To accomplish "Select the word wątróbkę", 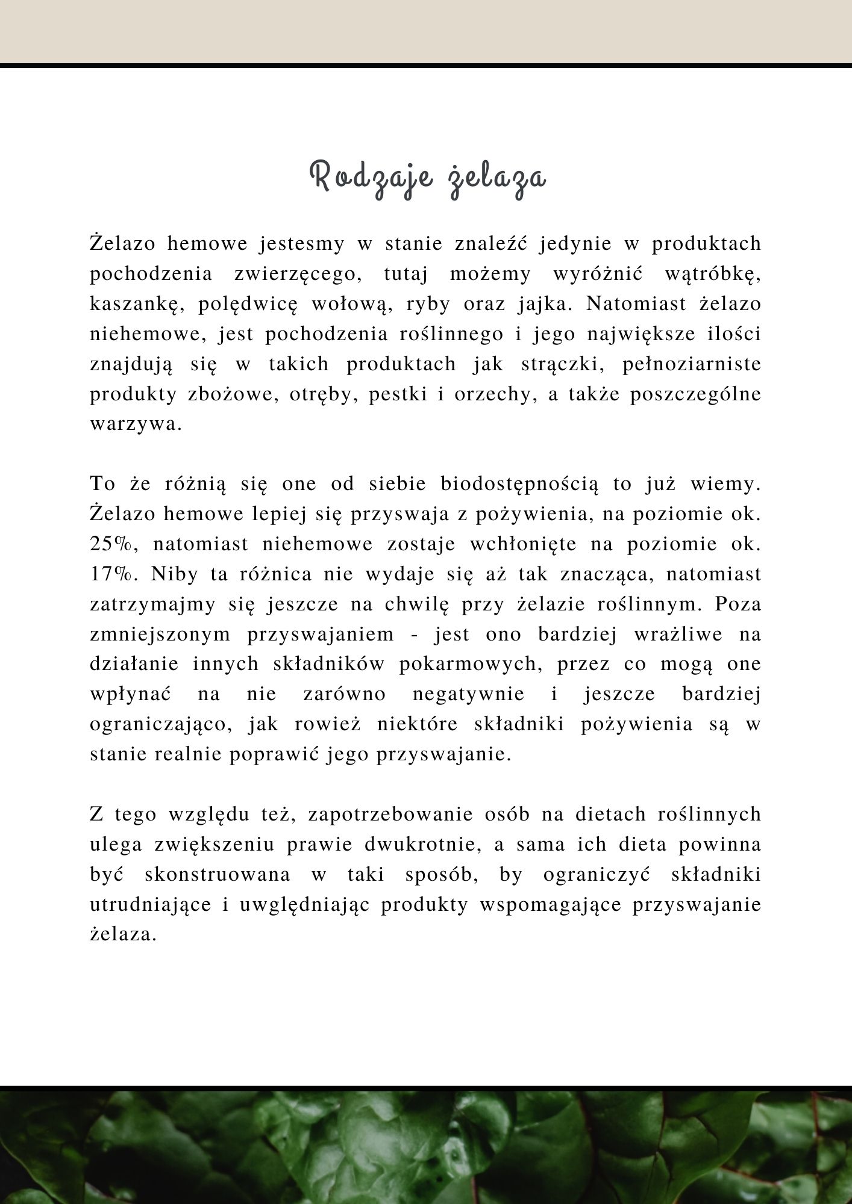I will coord(713,275).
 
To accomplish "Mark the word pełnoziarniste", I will coord(691,365).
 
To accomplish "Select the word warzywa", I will coord(136,424).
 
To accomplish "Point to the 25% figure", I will coord(114,544).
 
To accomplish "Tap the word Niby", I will coord(174,574).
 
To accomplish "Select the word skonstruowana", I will coord(218,875).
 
